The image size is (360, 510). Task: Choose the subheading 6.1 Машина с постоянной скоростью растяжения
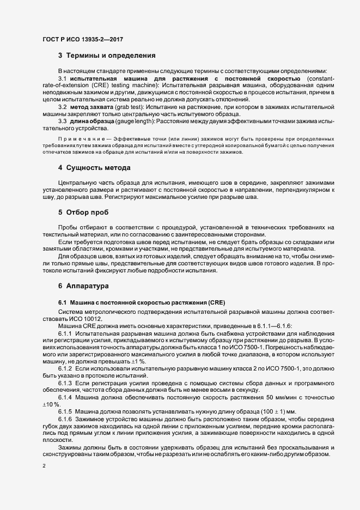point(137,302)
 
